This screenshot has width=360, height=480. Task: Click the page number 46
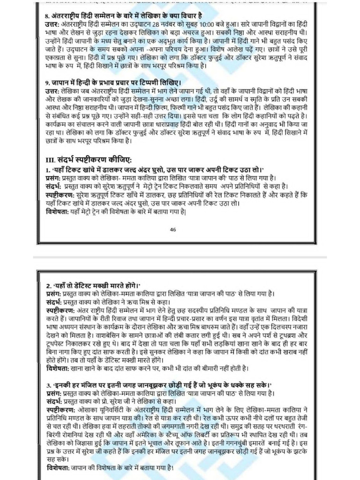(173, 230)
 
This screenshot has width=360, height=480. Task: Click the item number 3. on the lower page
(49, 385)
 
